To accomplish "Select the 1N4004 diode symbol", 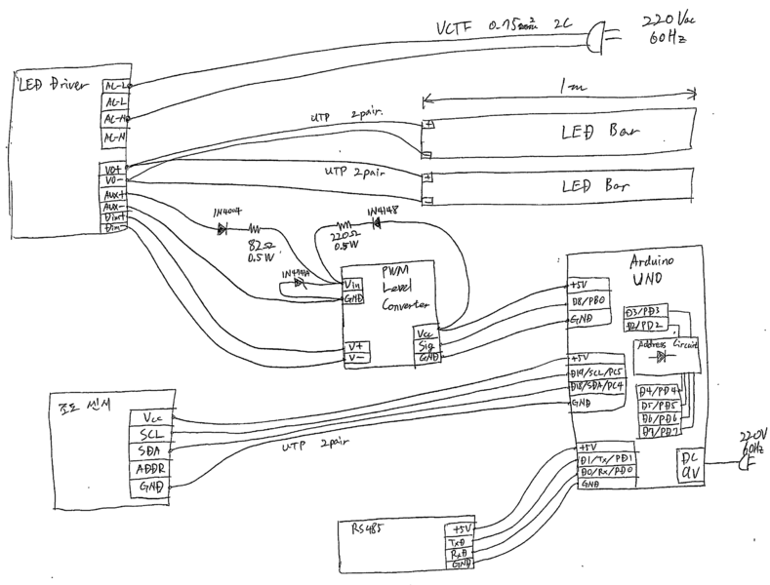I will coord(222,229).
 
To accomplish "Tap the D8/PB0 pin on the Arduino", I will coord(589,301).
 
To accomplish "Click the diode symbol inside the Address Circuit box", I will coord(663,357).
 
